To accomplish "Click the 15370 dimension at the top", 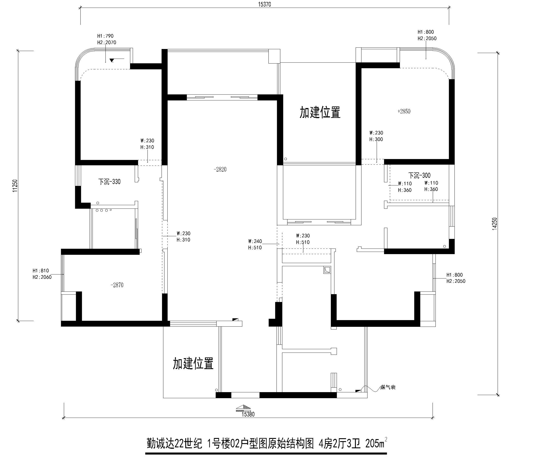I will (264, 4).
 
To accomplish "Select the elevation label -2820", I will (220, 169).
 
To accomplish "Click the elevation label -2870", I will (117, 285).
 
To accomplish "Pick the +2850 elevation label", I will (404, 111).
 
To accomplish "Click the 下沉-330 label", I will (109, 182).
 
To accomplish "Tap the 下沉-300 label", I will (419, 175).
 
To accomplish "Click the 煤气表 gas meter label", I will (388, 387).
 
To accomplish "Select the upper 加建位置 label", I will (320, 113).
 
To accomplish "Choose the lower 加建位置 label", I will (193, 363).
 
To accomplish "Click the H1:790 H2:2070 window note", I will (106, 39).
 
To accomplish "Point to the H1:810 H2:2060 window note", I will (42, 274).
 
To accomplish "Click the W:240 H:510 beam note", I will (255, 244).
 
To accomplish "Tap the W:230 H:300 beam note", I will (376, 136).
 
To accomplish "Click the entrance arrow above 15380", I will (243, 408).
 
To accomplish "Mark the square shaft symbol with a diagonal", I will (327, 270).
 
